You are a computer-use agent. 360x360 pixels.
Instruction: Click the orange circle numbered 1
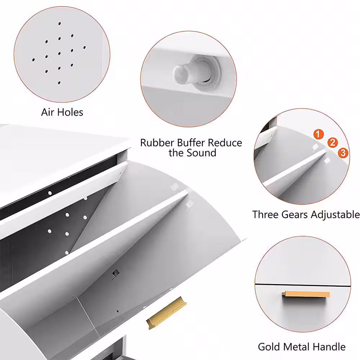pyautogui.click(x=318, y=134)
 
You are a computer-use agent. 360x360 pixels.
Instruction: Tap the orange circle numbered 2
pyautogui.click(x=332, y=143)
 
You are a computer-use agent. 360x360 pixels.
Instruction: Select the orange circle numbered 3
pyautogui.click(x=343, y=153)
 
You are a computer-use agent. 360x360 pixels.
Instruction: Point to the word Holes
pyautogui.click(x=70, y=112)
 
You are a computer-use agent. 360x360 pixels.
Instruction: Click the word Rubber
pyautogui.click(x=157, y=143)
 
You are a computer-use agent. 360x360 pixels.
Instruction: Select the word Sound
pyautogui.click(x=202, y=153)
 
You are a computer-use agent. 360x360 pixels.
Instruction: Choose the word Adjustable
pyautogui.click(x=335, y=215)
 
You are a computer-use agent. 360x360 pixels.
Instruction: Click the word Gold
pyautogui.click(x=269, y=347)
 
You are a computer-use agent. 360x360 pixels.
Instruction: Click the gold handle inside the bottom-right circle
pyautogui.click(x=306, y=294)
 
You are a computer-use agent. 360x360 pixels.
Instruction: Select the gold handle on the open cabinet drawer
pyautogui.click(x=166, y=313)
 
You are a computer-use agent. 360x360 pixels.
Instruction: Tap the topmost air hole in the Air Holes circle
pyautogui.click(x=60, y=24)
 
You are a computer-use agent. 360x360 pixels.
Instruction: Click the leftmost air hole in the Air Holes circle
pyautogui.click(x=33, y=60)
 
